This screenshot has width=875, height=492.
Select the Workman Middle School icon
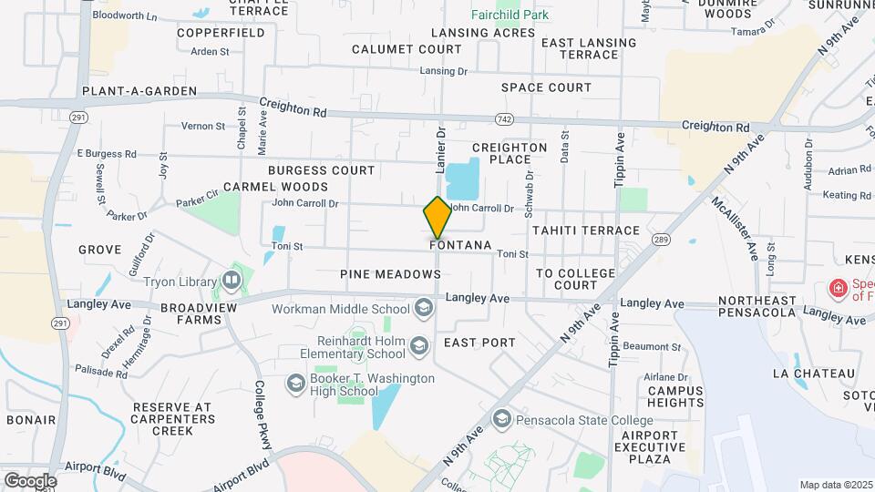point(423,309)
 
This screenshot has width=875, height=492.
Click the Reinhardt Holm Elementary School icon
point(418,345)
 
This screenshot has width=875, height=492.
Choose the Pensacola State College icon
point(501,419)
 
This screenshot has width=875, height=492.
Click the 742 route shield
point(504,119)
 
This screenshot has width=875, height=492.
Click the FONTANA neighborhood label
point(460,246)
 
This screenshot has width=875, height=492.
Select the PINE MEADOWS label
point(390,273)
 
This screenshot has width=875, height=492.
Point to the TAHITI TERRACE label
point(586,231)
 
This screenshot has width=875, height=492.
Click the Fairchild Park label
point(510,15)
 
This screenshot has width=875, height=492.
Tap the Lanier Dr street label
point(440,150)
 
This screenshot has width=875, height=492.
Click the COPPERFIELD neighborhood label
point(221,33)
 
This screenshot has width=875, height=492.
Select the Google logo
point(30,480)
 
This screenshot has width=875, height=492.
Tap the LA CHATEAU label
point(814,374)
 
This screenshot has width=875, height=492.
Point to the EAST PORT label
point(479,343)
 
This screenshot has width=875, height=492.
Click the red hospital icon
point(837,290)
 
